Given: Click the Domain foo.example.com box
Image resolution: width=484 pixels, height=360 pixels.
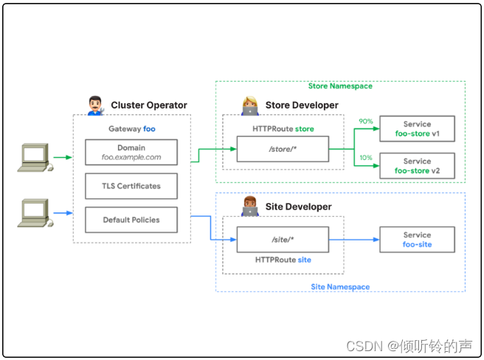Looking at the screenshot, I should pos(131,153).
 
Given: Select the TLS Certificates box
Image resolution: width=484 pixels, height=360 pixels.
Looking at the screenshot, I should pos(131,186).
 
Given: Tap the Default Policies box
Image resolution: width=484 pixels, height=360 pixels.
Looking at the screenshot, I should pos(131,219).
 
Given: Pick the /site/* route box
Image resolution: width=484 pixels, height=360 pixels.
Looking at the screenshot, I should pos(283,240).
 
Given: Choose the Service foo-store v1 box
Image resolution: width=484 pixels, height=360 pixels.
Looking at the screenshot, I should pos(417,128).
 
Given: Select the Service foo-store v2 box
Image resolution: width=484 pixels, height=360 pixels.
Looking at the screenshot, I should pos(417,166).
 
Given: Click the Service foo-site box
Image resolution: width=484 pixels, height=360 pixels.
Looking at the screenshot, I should pos(417,240).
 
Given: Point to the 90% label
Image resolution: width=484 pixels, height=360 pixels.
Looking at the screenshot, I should pos(365,121).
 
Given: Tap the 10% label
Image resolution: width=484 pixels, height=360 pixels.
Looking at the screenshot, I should pos(365,158).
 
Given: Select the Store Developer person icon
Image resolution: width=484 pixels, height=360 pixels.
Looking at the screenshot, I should pos(249,105).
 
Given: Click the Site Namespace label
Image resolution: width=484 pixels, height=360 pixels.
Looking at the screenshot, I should pos(340,287).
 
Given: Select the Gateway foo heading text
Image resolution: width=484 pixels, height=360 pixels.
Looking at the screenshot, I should pos(131,128).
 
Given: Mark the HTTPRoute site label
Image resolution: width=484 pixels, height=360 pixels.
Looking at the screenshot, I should pos(283,260).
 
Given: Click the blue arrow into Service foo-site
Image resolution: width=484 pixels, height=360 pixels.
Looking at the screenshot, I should pos(354,240).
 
